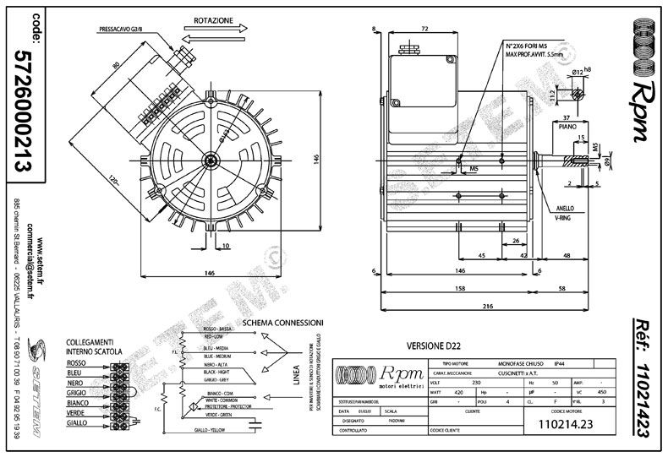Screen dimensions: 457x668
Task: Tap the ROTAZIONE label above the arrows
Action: click(213, 19)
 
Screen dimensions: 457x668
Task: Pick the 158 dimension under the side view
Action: click(460, 289)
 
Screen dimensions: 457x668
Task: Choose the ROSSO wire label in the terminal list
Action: click(78, 362)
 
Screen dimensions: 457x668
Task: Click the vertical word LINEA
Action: click(297, 375)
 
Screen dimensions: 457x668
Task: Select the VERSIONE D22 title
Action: click(433, 346)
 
